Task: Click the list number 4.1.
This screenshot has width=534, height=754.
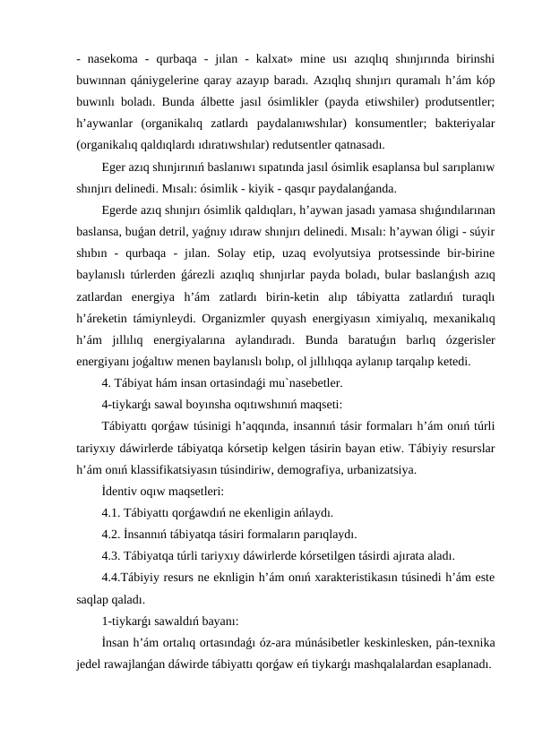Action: (111, 512)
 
